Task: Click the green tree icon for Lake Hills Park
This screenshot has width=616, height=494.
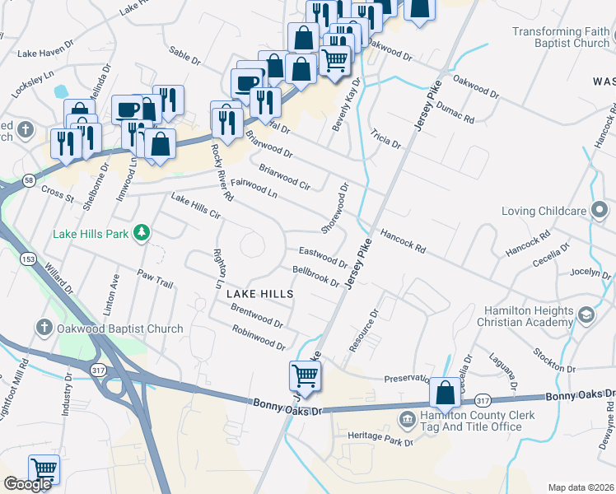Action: [x=142, y=234]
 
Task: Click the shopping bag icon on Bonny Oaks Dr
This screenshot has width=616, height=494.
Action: [x=445, y=393]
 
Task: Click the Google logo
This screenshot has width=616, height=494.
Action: [x=27, y=484]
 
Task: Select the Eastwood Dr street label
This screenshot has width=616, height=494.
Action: [x=323, y=256]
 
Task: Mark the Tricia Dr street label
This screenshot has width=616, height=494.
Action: [x=385, y=138]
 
